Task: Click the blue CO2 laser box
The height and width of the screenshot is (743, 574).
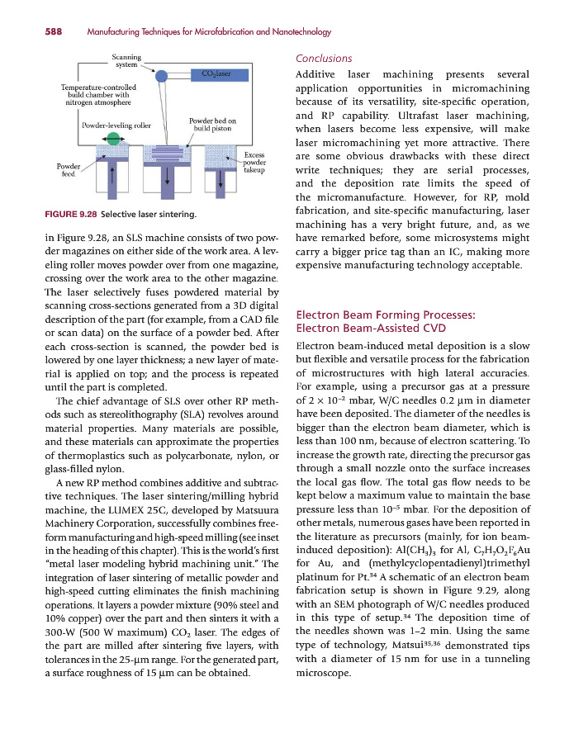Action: tap(210, 73)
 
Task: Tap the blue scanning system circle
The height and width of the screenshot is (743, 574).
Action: tap(161, 75)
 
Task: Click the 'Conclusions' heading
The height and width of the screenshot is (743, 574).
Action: tap(323, 59)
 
